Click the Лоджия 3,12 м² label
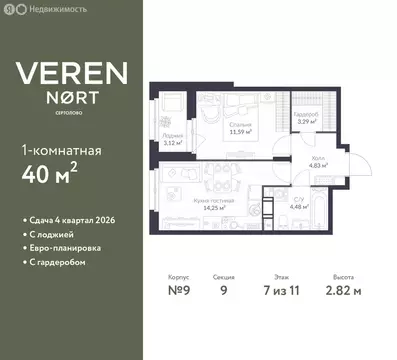[x=172, y=139]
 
